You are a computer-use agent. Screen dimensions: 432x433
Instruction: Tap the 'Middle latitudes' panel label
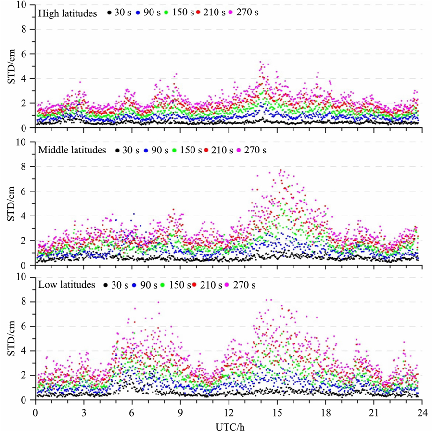pyautogui.click(x=73, y=151)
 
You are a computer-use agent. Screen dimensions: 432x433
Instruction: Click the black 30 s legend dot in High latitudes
pyautogui.click(x=111, y=13)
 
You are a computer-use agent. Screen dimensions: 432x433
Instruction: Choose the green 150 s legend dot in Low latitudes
pyautogui.click(x=163, y=285)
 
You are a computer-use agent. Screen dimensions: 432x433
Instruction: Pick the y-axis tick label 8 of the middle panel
pyautogui.click(x=26, y=167)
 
